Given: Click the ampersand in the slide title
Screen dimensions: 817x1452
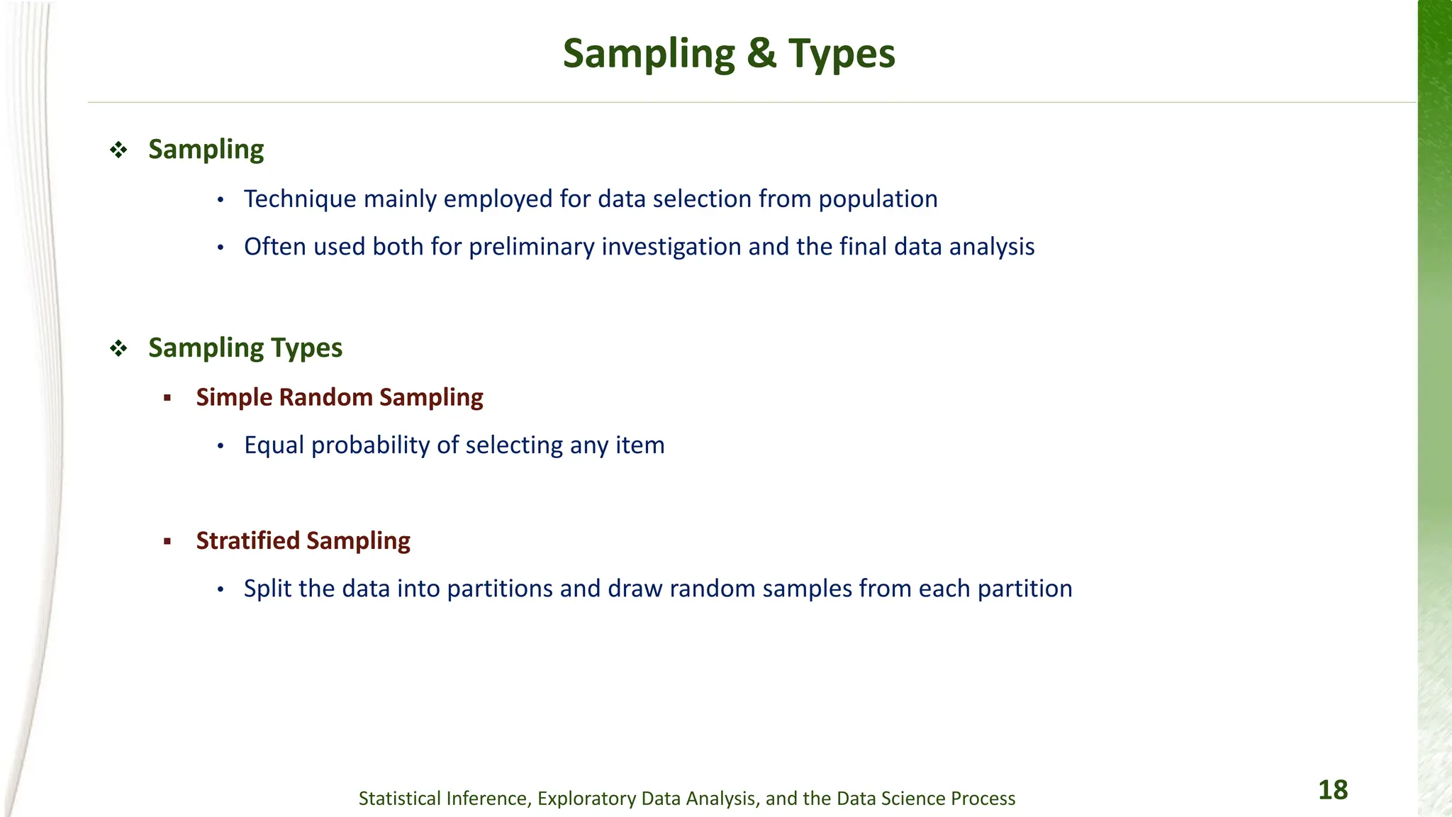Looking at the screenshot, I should pyautogui.click(x=761, y=54).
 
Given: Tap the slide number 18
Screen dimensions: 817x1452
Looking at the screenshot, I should pyautogui.click(x=1332, y=790).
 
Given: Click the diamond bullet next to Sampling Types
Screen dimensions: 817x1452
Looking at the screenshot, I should pyautogui.click(x=118, y=348).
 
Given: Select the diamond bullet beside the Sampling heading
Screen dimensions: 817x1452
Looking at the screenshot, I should pyautogui.click(x=118, y=150).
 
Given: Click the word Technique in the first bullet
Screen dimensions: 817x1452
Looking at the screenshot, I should pyautogui.click(x=300, y=199).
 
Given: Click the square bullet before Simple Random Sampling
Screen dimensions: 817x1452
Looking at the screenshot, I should pyautogui.click(x=167, y=398).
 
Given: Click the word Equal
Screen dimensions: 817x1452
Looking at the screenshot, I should pyautogui.click(x=274, y=445).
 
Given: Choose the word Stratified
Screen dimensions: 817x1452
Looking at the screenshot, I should pyautogui.click(x=248, y=540).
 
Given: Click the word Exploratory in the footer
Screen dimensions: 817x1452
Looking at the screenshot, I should pyautogui.click(x=586, y=799).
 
